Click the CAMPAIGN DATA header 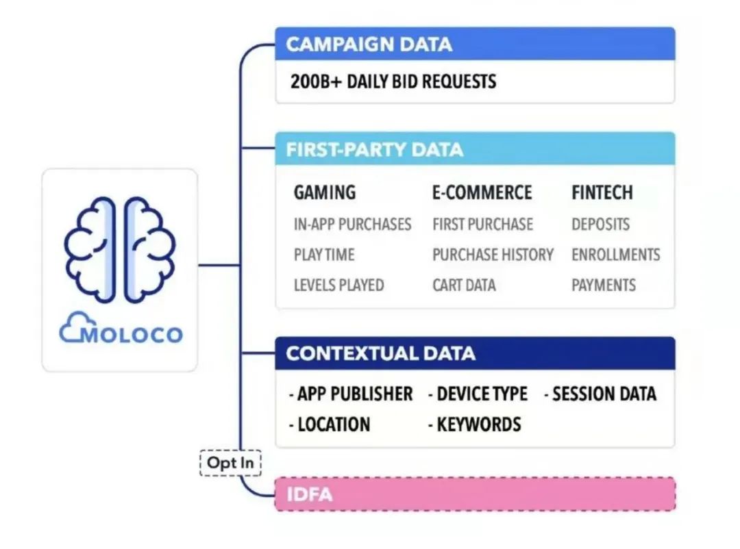pyautogui.click(x=369, y=44)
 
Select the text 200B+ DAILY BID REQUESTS pyautogui.click(x=393, y=81)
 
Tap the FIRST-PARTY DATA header pyautogui.click(x=374, y=149)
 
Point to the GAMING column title pyautogui.click(x=325, y=192)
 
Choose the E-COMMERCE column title pyautogui.click(x=482, y=192)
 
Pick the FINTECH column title pyautogui.click(x=603, y=192)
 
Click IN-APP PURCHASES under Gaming pyautogui.click(x=352, y=224)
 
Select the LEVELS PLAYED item pyautogui.click(x=338, y=285)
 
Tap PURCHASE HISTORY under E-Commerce pyautogui.click(x=493, y=255)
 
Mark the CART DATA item pyautogui.click(x=464, y=285)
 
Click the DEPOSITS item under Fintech pyautogui.click(x=600, y=224)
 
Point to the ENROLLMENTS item pyautogui.click(x=615, y=255)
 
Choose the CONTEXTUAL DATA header pyautogui.click(x=380, y=353)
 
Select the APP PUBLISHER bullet pyautogui.click(x=351, y=394)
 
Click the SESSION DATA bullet pyautogui.click(x=600, y=394)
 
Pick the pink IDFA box pyautogui.click(x=475, y=494)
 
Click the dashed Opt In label pyautogui.click(x=230, y=463)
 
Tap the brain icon pyautogui.click(x=120, y=249)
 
